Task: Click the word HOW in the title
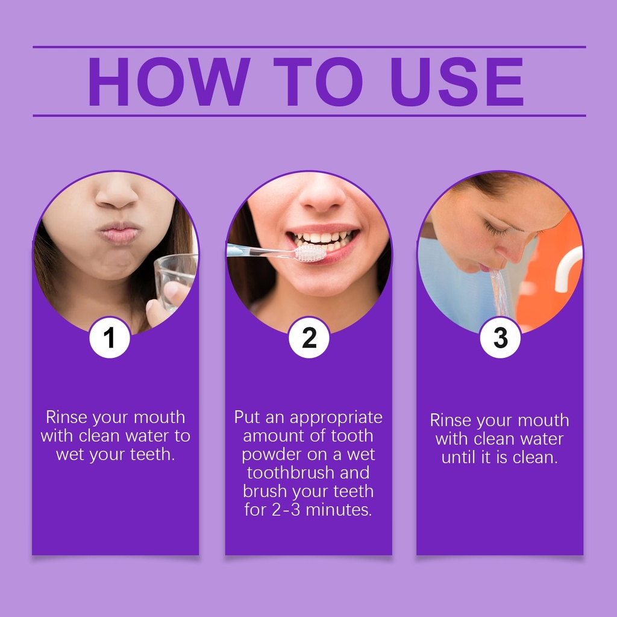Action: (169, 81)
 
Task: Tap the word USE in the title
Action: (457, 81)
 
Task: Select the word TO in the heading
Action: (318, 81)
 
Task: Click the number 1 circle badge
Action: (110, 337)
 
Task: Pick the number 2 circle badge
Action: (309, 337)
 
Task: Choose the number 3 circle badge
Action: (500, 337)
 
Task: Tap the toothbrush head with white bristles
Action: (310, 253)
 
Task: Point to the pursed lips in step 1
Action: (119, 233)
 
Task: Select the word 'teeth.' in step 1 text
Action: (152, 454)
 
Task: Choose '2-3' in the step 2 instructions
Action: (286, 510)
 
